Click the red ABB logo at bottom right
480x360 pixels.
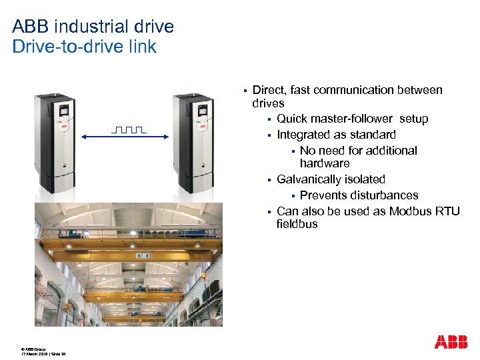click(451, 342)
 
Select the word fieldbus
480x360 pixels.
click(297, 224)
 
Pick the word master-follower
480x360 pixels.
click(361, 119)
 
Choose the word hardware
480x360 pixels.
click(325, 163)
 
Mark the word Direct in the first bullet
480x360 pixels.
click(269, 90)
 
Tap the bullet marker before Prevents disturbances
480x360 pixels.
click(292, 196)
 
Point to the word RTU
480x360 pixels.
click(447, 211)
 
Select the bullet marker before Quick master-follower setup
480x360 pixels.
click(269, 119)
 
